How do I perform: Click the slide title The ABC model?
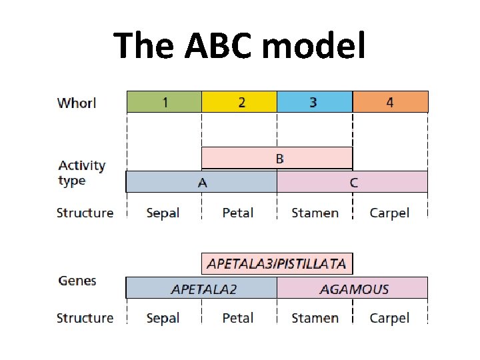click(239, 46)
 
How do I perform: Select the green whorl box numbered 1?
click(164, 102)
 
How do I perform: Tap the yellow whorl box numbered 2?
click(239, 102)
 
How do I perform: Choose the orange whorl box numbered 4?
click(390, 102)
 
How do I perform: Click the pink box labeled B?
click(277, 159)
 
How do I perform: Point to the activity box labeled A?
click(201, 182)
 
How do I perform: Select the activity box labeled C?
click(352, 182)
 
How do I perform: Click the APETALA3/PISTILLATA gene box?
click(277, 263)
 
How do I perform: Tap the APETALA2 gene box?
click(201, 288)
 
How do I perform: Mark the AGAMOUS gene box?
click(352, 288)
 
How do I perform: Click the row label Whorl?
click(77, 103)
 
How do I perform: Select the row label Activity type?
click(81, 173)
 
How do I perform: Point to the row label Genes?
click(77, 281)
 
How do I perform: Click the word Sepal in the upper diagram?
click(163, 213)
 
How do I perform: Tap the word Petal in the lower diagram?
click(238, 318)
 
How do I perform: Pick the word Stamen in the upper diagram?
click(315, 213)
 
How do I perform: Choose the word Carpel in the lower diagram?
click(389, 318)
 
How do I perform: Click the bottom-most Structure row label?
click(85, 318)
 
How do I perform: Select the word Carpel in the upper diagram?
click(389, 213)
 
